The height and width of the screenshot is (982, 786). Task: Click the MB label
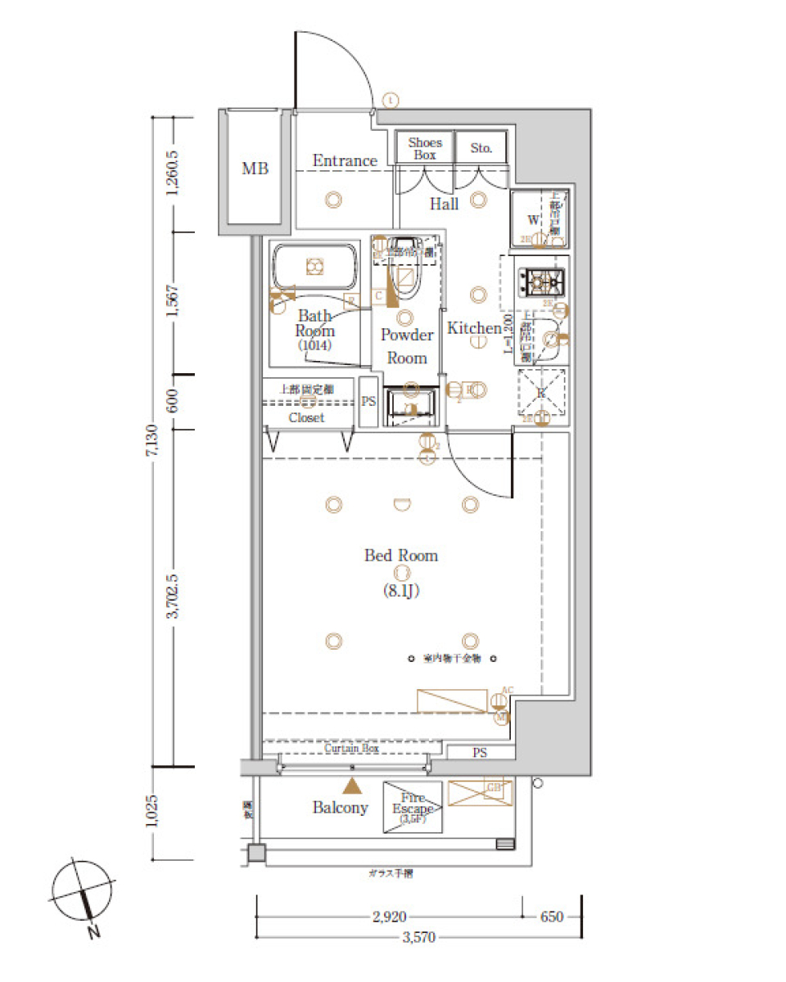tap(255, 169)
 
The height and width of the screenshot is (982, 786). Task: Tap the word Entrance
tap(345, 161)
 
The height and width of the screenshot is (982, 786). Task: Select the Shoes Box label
tap(425, 148)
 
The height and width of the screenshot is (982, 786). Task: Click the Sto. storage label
tap(481, 148)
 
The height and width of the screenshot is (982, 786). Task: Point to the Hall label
tap(445, 204)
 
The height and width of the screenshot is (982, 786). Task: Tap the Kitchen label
tap(473, 328)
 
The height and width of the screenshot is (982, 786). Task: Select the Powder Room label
tap(407, 346)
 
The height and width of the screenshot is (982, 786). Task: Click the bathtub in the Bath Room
tap(314, 266)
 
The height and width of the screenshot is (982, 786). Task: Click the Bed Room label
tap(401, 556)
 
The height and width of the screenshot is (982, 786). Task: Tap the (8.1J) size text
tap(401, 590)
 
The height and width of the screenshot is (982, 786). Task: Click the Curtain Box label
tap(351, 749)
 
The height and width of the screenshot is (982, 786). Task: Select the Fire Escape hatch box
tap(413, 807)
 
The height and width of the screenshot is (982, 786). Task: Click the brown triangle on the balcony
tap(352, 786)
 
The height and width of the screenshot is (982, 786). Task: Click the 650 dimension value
tap(553, 917)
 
